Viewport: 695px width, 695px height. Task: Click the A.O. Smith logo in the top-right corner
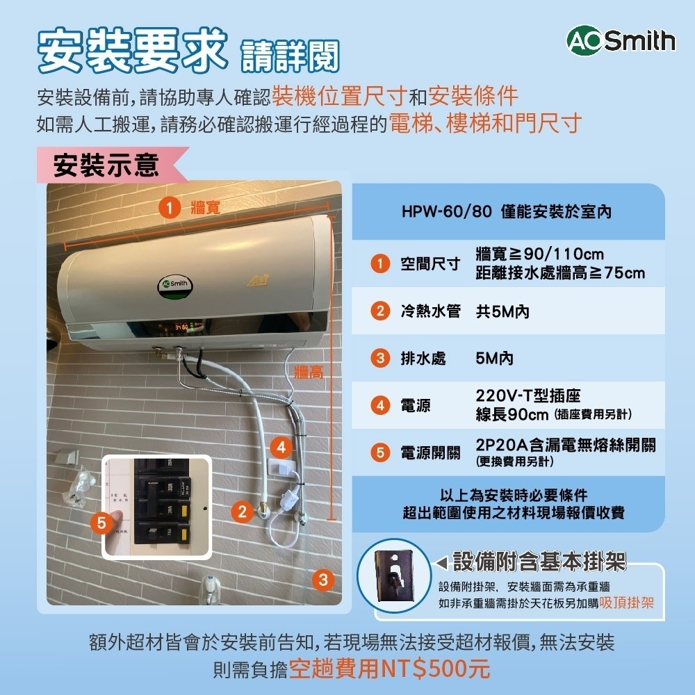coord(621,41)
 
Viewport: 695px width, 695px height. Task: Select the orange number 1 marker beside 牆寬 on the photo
coord(167,206)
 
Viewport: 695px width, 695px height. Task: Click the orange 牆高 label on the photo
coord(309,372)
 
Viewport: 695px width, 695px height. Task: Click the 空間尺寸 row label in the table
coord(430,264)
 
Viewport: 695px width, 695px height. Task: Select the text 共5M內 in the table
coord(502,312)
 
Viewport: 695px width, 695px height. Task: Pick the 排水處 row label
coord(423,359)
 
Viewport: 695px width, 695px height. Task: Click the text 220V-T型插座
coord(528,396)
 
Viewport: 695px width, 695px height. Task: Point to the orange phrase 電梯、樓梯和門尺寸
coord(484,124)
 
